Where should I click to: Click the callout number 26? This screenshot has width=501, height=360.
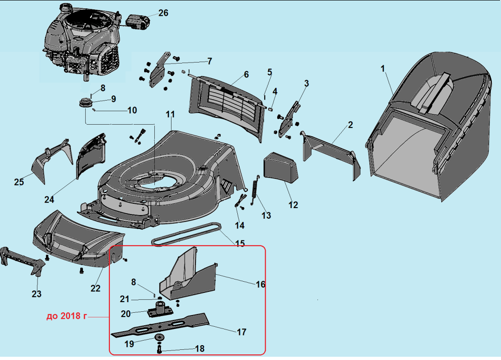tap(163, 13)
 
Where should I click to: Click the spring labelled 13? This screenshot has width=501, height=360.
tap(254, 190)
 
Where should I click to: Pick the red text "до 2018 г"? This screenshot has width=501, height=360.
tap(67, 317)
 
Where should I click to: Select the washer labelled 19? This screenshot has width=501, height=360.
tap(160, 337)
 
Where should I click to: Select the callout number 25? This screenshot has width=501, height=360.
tap(19, 182)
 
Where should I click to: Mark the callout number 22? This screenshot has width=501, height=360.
tap(95, 288)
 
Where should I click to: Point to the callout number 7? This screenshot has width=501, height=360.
tap(209, 61)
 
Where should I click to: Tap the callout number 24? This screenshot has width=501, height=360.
tap(49, 200)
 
